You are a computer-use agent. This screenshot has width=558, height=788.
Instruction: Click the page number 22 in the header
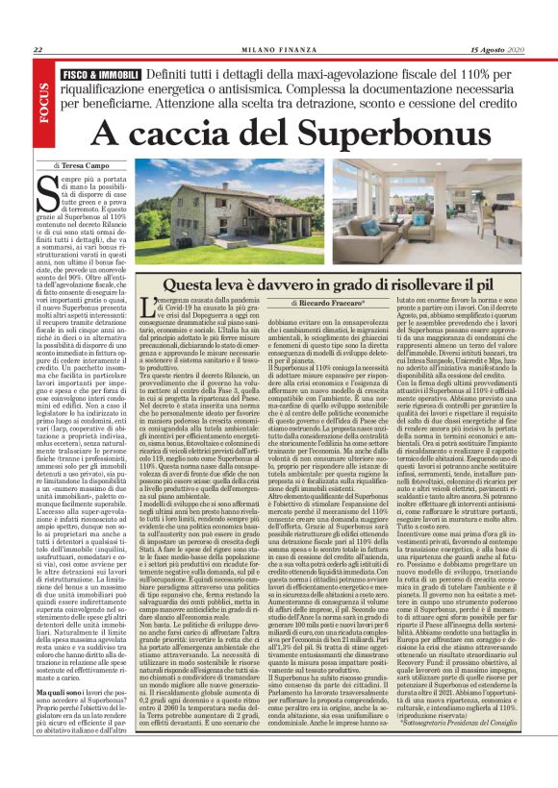tap(38, 51)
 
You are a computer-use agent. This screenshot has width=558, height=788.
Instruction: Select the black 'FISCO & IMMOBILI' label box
tap(99, 73)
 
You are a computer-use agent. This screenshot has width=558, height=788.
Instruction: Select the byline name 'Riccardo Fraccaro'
tap(343, 304)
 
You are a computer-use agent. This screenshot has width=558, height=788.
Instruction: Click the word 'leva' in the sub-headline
tap(239, 285)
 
